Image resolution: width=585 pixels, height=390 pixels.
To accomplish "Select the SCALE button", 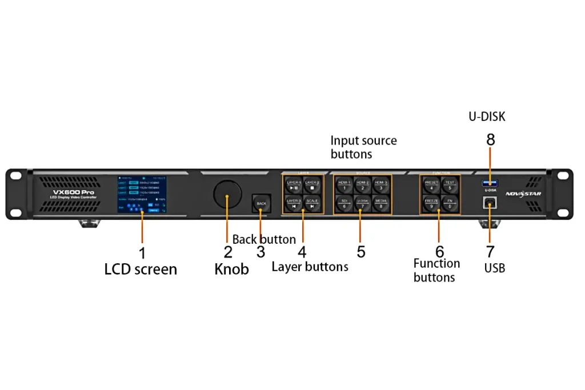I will click(312, 204).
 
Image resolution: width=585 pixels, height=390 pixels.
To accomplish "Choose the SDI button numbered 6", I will click(344, 204).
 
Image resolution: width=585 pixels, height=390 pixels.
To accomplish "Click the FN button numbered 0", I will click(450, 204).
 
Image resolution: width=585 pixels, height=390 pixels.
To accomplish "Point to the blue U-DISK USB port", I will click(490, 183).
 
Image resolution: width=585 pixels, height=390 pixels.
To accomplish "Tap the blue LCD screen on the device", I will click(142, 194).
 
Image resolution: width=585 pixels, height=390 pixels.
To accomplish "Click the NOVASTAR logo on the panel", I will click(523, 194).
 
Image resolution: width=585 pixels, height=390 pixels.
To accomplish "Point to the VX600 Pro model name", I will click(73, 192).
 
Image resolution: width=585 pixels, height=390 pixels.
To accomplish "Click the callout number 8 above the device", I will click(490, 140).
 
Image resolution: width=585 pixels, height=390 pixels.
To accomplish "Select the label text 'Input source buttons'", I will click(363, 147).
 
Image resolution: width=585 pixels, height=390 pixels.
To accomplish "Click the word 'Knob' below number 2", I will click(231, 269).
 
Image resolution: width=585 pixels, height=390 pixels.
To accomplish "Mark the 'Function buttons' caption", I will click(436, 270).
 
